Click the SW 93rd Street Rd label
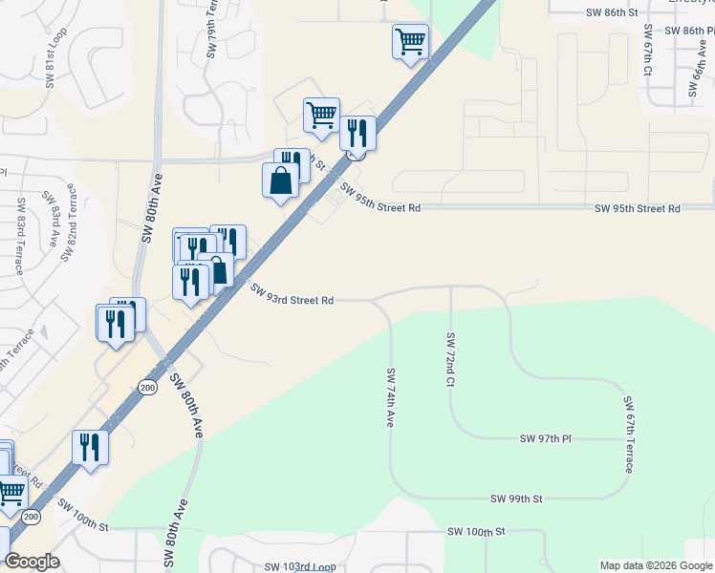point(292,294)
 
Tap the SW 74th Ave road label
point(391,397)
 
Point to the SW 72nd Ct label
point(450,360)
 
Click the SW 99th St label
point(516,499)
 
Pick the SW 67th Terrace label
point(629,435)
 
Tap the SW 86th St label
point(611,12)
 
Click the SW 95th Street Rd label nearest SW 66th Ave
point(637,208)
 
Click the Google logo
point(32,562)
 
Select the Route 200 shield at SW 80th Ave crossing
point(146,387)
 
